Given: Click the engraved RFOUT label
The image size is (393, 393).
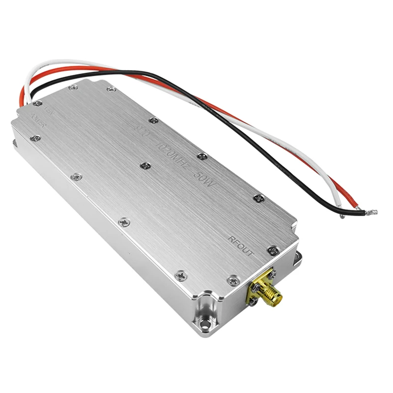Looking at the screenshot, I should coord(241,246).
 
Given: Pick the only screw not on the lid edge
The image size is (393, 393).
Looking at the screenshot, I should coord(145,166).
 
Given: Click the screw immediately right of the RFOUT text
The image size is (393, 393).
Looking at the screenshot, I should coord(274,251).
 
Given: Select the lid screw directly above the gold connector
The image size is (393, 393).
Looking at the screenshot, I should coord(233,280).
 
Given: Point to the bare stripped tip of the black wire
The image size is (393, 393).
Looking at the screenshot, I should coord(370,213).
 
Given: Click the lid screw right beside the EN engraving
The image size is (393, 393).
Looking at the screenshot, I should coord(37,103).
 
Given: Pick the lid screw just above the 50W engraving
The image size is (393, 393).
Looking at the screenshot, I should coord(202,156).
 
